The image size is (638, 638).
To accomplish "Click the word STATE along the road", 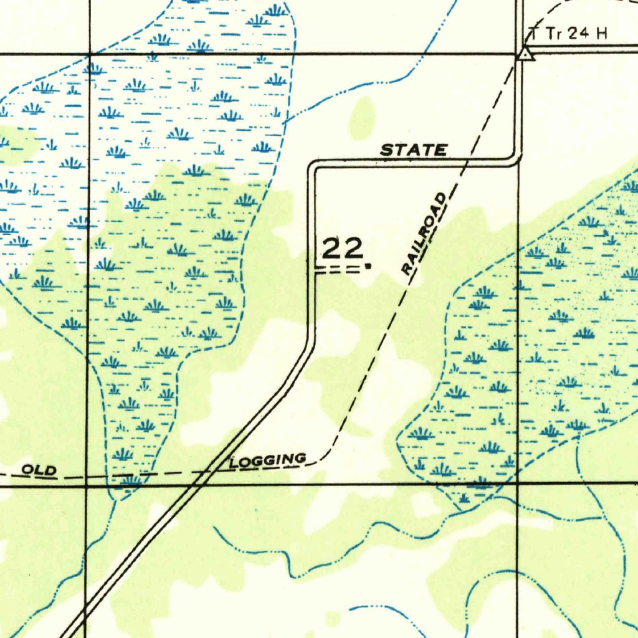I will pos(414,150).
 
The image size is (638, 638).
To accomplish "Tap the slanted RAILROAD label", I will pos(424,234).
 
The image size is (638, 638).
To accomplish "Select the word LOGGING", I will pos(268,461).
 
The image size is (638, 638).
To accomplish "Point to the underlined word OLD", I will pos(39,470).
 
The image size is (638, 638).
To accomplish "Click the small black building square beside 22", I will pos(368,266).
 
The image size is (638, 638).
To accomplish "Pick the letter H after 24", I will pos(601,34).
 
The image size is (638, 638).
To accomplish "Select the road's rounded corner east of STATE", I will pos(516,159).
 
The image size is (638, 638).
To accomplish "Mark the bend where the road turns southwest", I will pos(312,340).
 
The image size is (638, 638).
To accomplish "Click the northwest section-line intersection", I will pos(90,54).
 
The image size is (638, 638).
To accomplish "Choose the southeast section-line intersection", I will pos(518,483).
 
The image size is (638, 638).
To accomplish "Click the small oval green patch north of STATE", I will pos(362,118).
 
